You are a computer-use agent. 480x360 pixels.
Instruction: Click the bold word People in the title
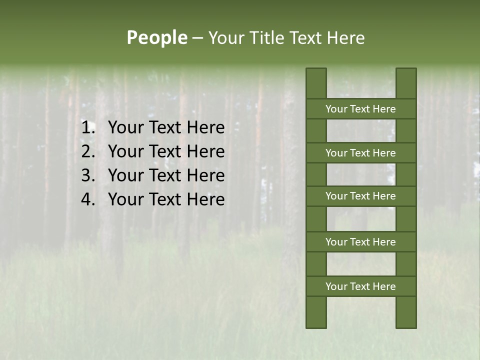(x=156, y=38)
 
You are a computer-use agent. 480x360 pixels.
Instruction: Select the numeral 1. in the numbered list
(x=88, y=128)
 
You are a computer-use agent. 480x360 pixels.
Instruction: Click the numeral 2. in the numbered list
(x=88, y=151)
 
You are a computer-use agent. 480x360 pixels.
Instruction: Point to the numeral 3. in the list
(x=88, y=175)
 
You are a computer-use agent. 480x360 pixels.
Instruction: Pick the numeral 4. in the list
(x=88, y=199)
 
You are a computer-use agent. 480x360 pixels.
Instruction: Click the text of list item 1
(x=166, y=128)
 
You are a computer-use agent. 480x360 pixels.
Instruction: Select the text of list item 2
(x=166, y=151)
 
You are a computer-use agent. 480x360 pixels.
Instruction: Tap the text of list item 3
(x=166, y=175)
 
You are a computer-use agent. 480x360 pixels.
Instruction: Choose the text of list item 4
(x=166, y=199)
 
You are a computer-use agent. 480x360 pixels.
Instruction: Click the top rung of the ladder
(x=360, y=109)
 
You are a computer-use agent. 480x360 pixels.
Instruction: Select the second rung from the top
(x=360, y=153)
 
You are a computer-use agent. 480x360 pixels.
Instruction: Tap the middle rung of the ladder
(x=360, y=196)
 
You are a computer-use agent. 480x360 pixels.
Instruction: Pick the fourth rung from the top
(x=360, y=242)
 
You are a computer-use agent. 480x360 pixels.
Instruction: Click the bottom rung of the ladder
(x=360, y=286)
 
